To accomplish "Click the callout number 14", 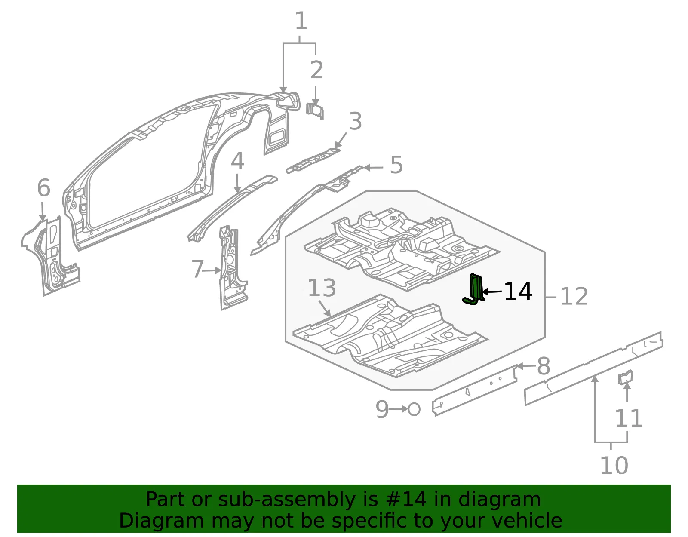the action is point(518,291).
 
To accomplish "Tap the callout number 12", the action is point(574,297).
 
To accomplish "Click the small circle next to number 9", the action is point(414,409).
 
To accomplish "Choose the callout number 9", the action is point(382,409).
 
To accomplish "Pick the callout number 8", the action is point(544,366).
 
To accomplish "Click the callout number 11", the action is point(629,418).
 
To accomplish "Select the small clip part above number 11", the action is point(625,377).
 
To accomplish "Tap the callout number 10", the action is point(614,465).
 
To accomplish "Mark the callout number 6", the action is point(44,187).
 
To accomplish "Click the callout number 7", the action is point(197,269).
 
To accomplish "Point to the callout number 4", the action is point(237,161).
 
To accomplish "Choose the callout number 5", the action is point(396,165).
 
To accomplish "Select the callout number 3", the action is point(355,121).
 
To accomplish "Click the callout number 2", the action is point(316,70).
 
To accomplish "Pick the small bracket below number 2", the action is point(315,111).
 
